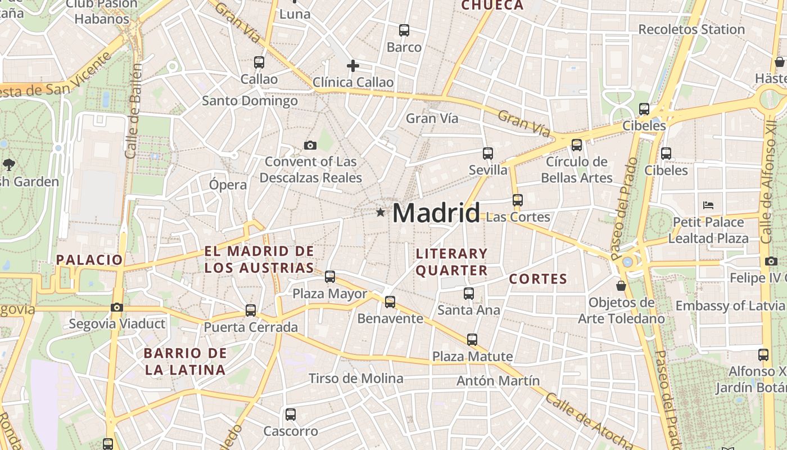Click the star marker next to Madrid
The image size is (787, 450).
tap(381, 212)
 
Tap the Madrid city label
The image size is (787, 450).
tap(436, 213)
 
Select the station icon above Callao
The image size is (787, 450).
tap(259, 62)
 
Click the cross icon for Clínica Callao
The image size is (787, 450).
tap(352, 66)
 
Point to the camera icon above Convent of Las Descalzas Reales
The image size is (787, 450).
tap(310, 146)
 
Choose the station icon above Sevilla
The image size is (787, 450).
tap(488, 153)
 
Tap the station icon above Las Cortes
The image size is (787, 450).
tap(518, 200)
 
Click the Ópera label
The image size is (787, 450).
tap(228, 185)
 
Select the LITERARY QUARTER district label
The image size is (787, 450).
tap(451, 262)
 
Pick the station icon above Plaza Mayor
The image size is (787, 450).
tap(330, 277)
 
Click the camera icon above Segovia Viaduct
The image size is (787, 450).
tap(117, 307)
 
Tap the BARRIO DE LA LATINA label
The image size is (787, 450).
tap(186, 362)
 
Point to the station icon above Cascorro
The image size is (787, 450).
tap(291, 415)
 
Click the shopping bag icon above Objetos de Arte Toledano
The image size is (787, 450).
tap(621, 286)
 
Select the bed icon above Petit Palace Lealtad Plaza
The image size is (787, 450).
tap(708, 205)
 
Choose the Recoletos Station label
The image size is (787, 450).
tap(691, 29)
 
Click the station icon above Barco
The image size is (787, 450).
tap(404, 30)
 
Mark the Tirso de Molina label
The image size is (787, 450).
tap(356, 379)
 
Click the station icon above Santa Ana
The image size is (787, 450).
tap(469, 293)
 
